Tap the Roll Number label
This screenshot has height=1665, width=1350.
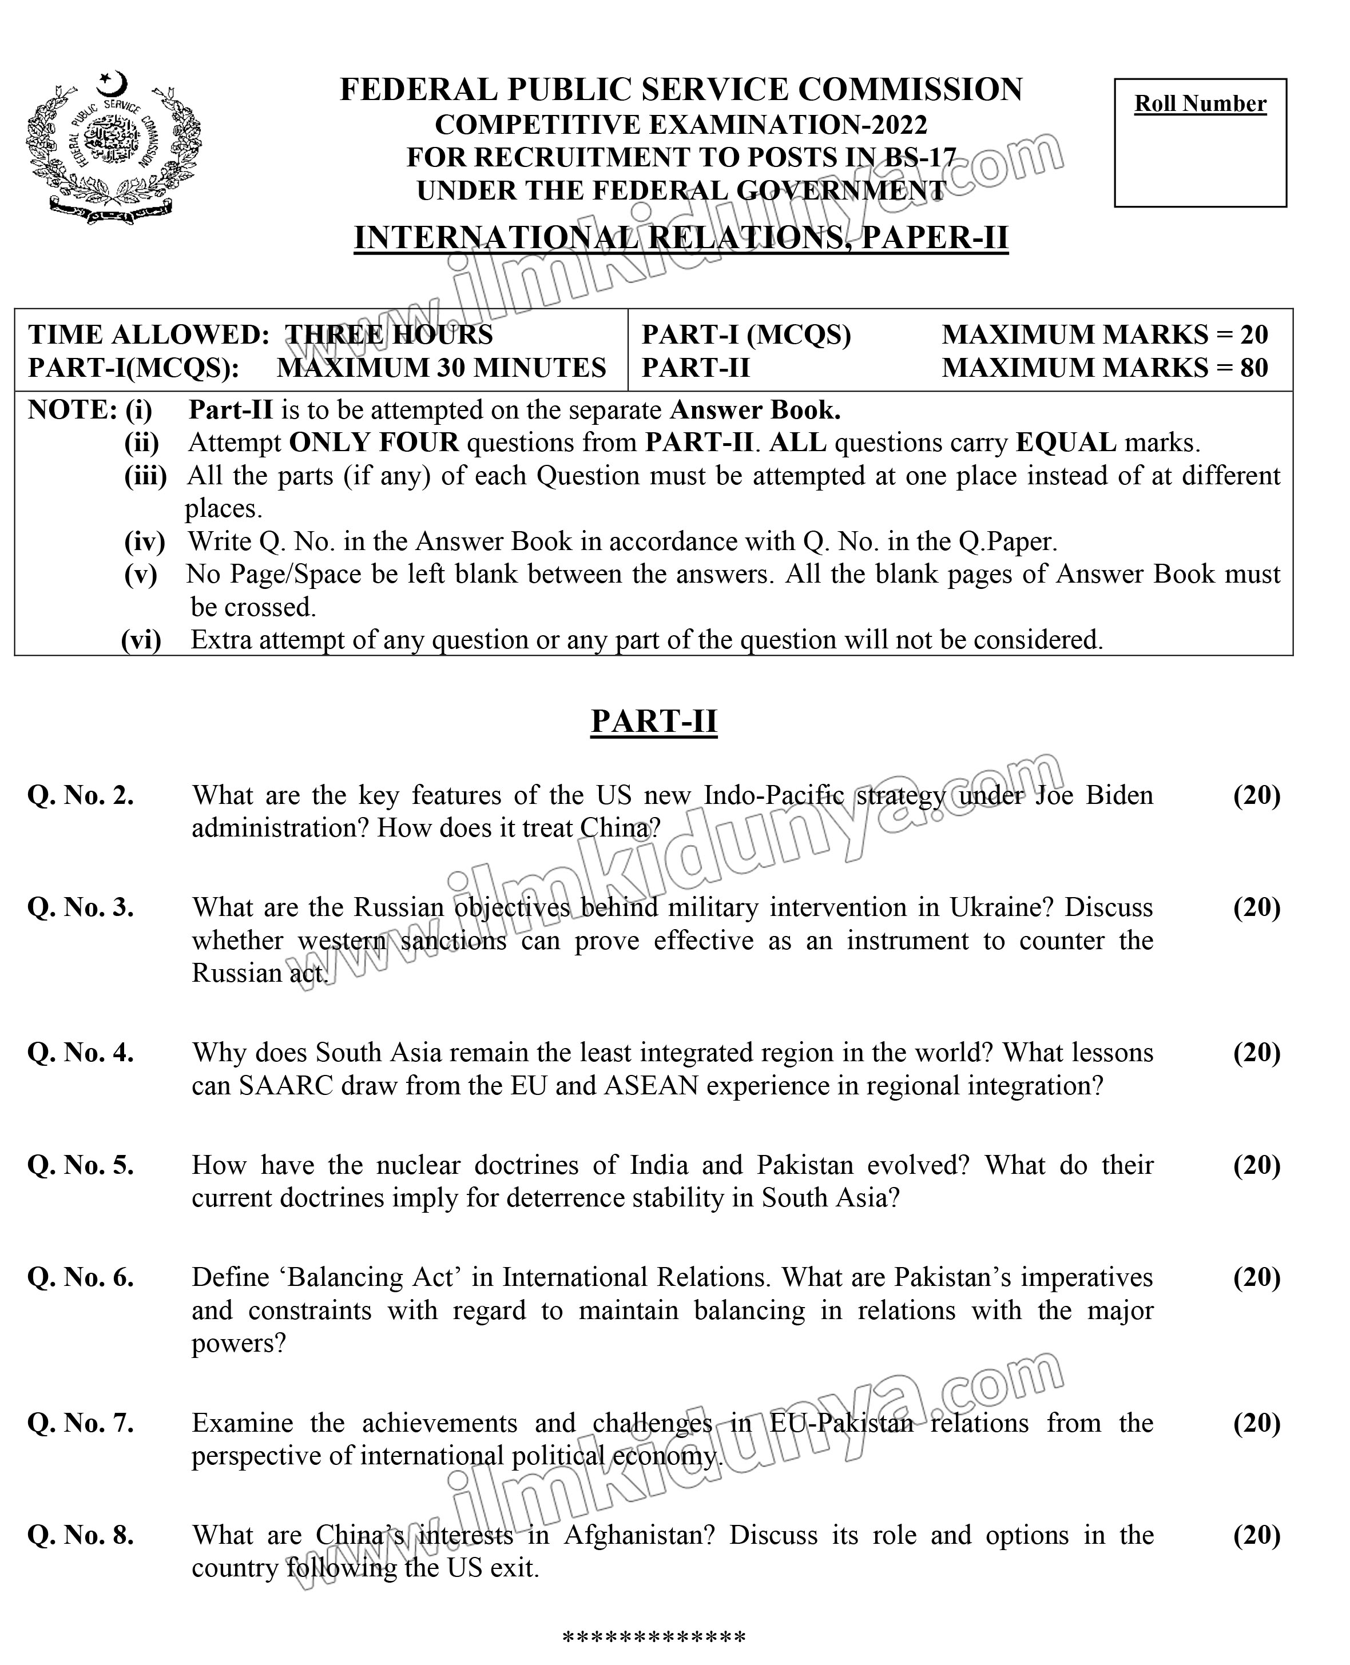tap(1200, 103)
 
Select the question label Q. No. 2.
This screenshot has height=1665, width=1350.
tap(80, 795)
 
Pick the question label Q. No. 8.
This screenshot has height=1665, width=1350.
tap(80, 1535)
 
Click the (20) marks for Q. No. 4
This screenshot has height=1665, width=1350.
tap(1256, 1053)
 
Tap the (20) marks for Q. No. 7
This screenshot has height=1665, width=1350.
tap(1256, 1423)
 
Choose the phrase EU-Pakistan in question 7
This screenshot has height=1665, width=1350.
tap(841, 1423)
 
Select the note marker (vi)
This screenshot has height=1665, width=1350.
tap(141, 640)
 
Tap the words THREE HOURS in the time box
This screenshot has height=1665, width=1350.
tap(389, 335)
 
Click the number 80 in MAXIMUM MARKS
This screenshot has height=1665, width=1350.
tap(1253, 368)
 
